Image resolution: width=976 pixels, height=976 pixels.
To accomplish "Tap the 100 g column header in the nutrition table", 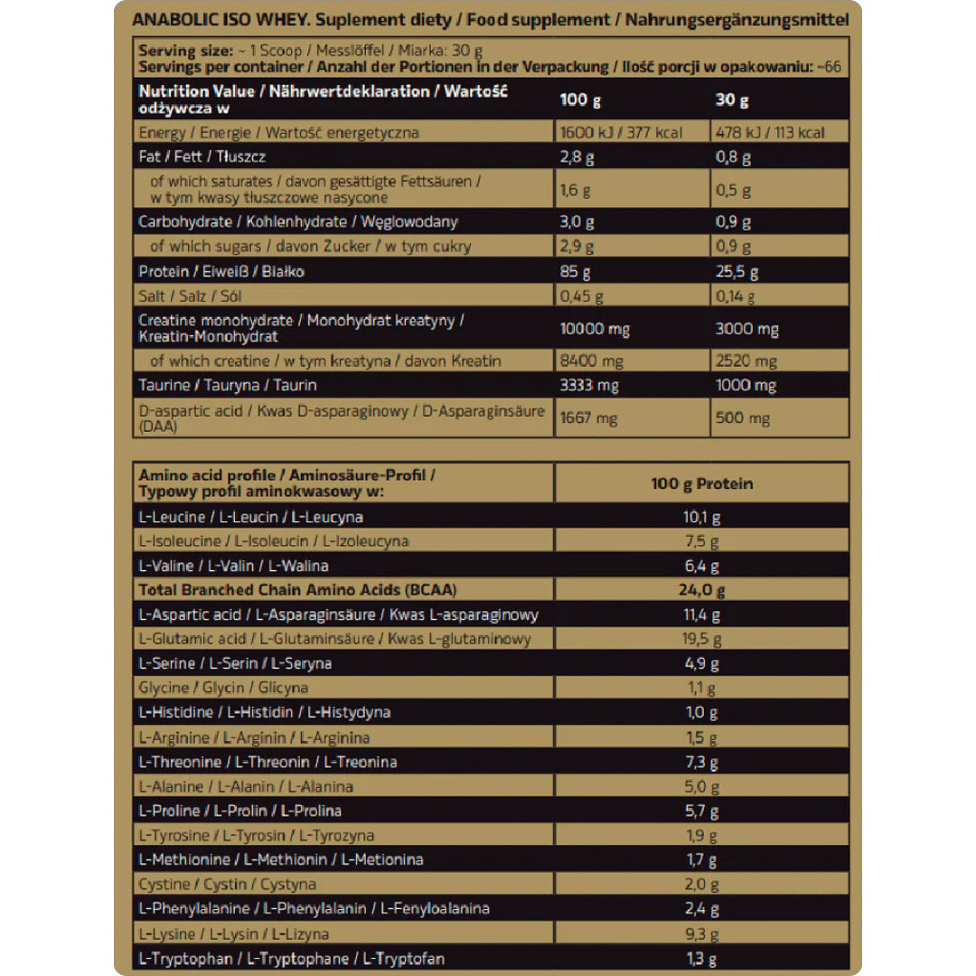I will tap(574, 99).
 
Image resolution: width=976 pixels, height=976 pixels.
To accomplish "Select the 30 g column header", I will tap(731, 99).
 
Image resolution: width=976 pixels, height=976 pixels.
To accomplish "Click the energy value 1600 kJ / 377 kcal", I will tap(621, 133).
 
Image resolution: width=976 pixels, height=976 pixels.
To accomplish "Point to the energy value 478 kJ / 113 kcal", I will tap(769, 133).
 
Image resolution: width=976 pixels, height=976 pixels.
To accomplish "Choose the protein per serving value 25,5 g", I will tap(737, 271).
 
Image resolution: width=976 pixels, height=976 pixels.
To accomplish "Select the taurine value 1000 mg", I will tap(746, 386).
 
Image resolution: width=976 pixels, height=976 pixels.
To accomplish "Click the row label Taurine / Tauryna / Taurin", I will tap(227, 386).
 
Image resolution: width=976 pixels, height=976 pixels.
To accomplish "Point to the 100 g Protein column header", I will tap(701, 483).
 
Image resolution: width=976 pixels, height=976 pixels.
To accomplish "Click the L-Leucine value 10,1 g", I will tap(701, 517).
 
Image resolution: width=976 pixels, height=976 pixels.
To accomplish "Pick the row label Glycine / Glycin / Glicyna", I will tap(223, 688).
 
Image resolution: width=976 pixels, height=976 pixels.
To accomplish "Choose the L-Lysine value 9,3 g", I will tap(701, 934).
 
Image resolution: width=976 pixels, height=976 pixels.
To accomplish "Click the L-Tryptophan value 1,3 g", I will tap(701, 958).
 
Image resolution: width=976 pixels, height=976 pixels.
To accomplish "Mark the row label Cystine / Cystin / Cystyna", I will tap(227, 885).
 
